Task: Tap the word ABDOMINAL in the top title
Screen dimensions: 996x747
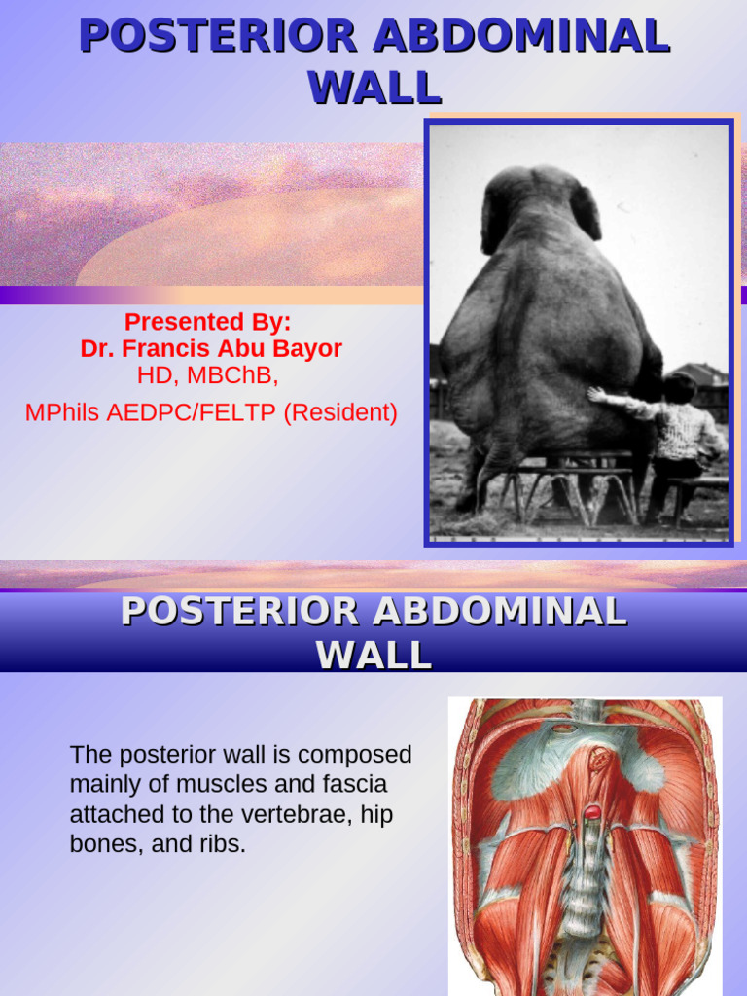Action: tap(521, 37)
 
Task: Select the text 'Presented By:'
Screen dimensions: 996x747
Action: tap(208, 322)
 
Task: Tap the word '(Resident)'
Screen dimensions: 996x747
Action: tap(340, 412)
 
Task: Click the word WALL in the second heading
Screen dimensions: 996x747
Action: tap(373, 655)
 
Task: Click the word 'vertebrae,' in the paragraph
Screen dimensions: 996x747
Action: tap(307, 814)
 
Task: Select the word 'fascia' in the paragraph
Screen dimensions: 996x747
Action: tap(354, 784)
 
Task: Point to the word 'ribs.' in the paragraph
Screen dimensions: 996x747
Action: tap(220, 844)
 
